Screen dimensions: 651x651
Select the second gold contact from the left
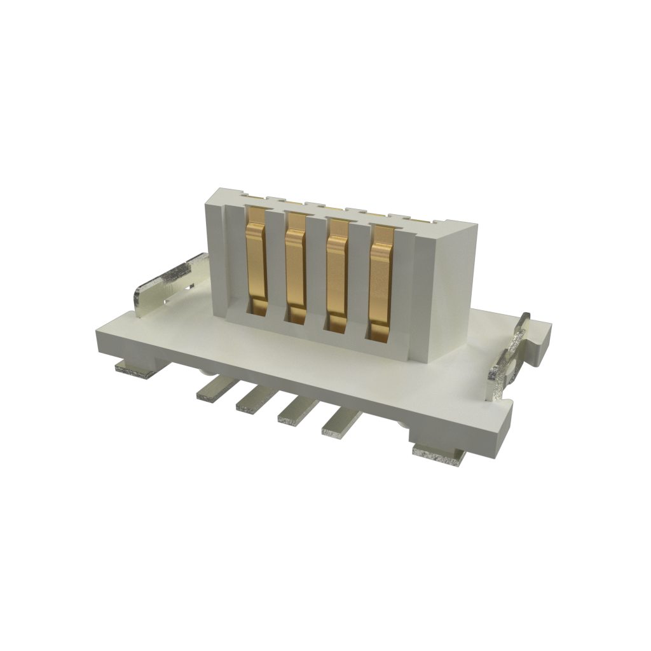coord(296,267)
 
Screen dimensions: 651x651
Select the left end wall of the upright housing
coord(214,254)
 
